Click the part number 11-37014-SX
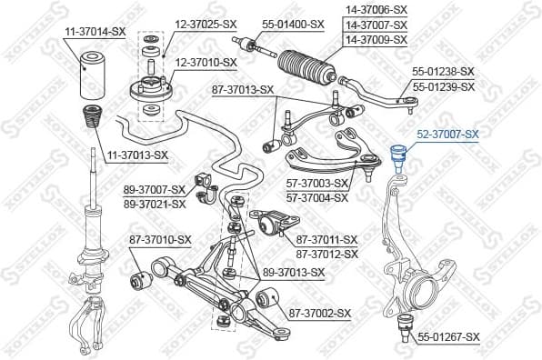point(95,32)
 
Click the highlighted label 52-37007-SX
point(447,135)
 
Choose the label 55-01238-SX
point(444,71)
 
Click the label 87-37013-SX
point(243,89)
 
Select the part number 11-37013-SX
point(137,155)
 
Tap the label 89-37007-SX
point(154,190)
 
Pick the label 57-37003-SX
point(317,184)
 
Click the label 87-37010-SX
point(160,239)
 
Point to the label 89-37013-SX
point(294,272)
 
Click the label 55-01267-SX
point(448,337)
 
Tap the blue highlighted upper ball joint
point(397,155)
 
